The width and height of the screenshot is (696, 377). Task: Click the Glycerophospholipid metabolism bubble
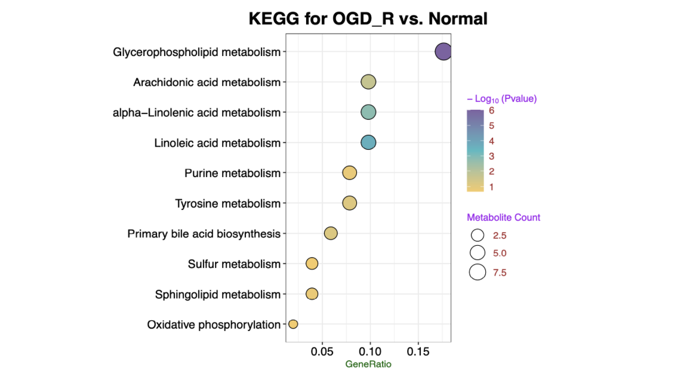[x=442, y=52]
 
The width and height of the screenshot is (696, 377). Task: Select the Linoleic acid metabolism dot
[x=368, y=143]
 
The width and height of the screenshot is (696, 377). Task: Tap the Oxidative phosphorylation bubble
[x=293, y=324]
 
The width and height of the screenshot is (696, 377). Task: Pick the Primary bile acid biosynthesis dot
[x=331, y=233]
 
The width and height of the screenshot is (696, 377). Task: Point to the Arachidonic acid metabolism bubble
[x=368, y=82]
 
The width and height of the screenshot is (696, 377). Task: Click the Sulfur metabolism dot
[x=312, y=263]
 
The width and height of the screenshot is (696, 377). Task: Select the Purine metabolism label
[x=232, y=173]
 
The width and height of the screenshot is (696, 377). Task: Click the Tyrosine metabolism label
[x=227, y=203]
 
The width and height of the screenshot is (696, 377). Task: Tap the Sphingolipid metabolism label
[x=217, y=294]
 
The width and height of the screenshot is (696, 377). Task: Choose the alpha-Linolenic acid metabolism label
[x=196, y=112]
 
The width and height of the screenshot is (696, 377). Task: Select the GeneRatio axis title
[x=368, y=364]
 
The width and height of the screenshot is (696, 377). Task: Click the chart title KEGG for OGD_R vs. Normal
[x=368, y=18]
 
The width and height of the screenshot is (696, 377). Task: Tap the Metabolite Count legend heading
[x=503, y=218]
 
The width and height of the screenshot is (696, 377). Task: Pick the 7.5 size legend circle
[x=478, y=273]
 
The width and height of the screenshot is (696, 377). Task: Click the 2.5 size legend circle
[x=478, y=235]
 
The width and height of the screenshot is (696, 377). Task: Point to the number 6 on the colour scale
[x=491, y=110]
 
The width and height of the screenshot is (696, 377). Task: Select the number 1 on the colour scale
[x=491, y=187]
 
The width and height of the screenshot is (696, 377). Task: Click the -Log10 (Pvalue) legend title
[x=501, y=99]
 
